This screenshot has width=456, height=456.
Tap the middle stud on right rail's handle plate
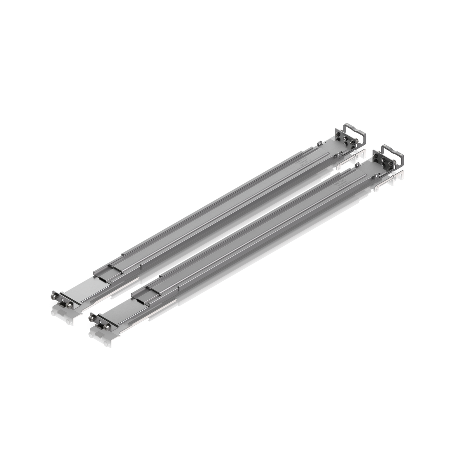point(384,162)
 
